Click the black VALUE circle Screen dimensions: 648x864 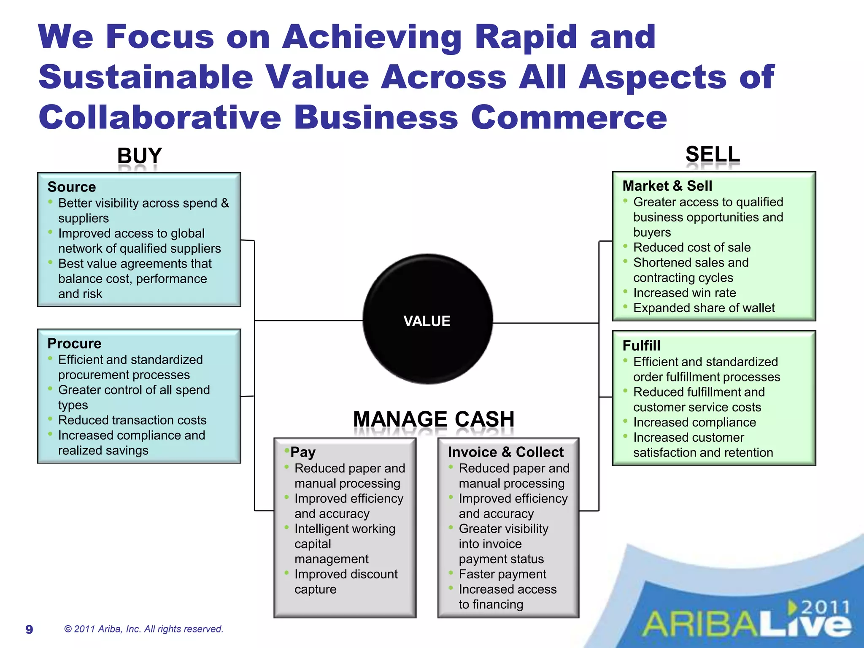[427, 319]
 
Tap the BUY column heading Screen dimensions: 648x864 [139, 156]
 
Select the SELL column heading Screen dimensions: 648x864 [713, 154]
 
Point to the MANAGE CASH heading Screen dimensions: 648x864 [434, 419]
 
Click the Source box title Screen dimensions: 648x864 [72, 187]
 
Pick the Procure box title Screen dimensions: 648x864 [74, 343]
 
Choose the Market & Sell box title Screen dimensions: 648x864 [667, 186]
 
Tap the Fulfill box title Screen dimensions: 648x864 [641, 346]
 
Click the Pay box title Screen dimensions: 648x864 [303, 452]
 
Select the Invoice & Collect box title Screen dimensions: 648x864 [505, 452]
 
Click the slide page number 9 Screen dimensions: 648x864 [29, 629]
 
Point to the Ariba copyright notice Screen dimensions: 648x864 [143, 629]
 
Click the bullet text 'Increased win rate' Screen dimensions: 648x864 [684, 293]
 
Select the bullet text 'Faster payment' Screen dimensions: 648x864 [502, 574]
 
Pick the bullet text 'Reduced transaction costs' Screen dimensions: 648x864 [132, 420]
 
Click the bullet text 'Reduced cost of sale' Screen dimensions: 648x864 [692, 247]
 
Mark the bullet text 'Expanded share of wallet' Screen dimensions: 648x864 [704, 308]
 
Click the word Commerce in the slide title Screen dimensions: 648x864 [569, 117]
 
